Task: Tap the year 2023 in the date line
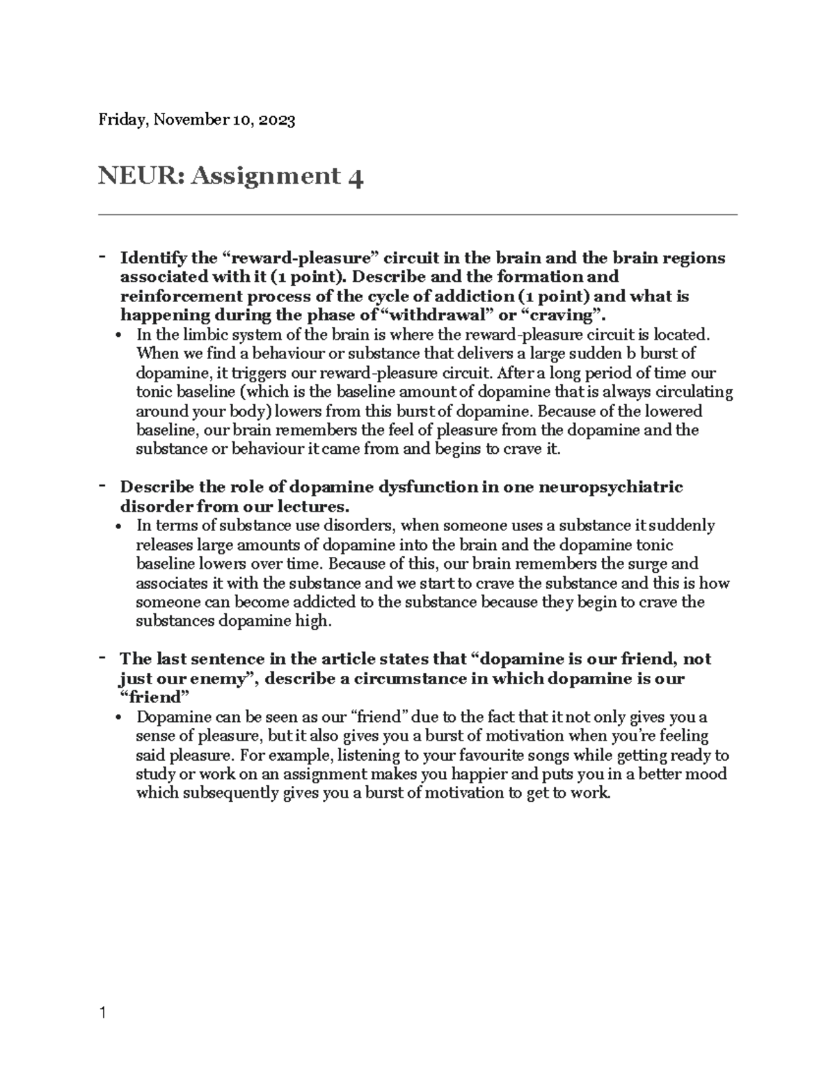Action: [277, 120]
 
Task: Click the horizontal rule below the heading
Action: [417, 215]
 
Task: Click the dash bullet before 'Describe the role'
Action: [102, 484]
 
